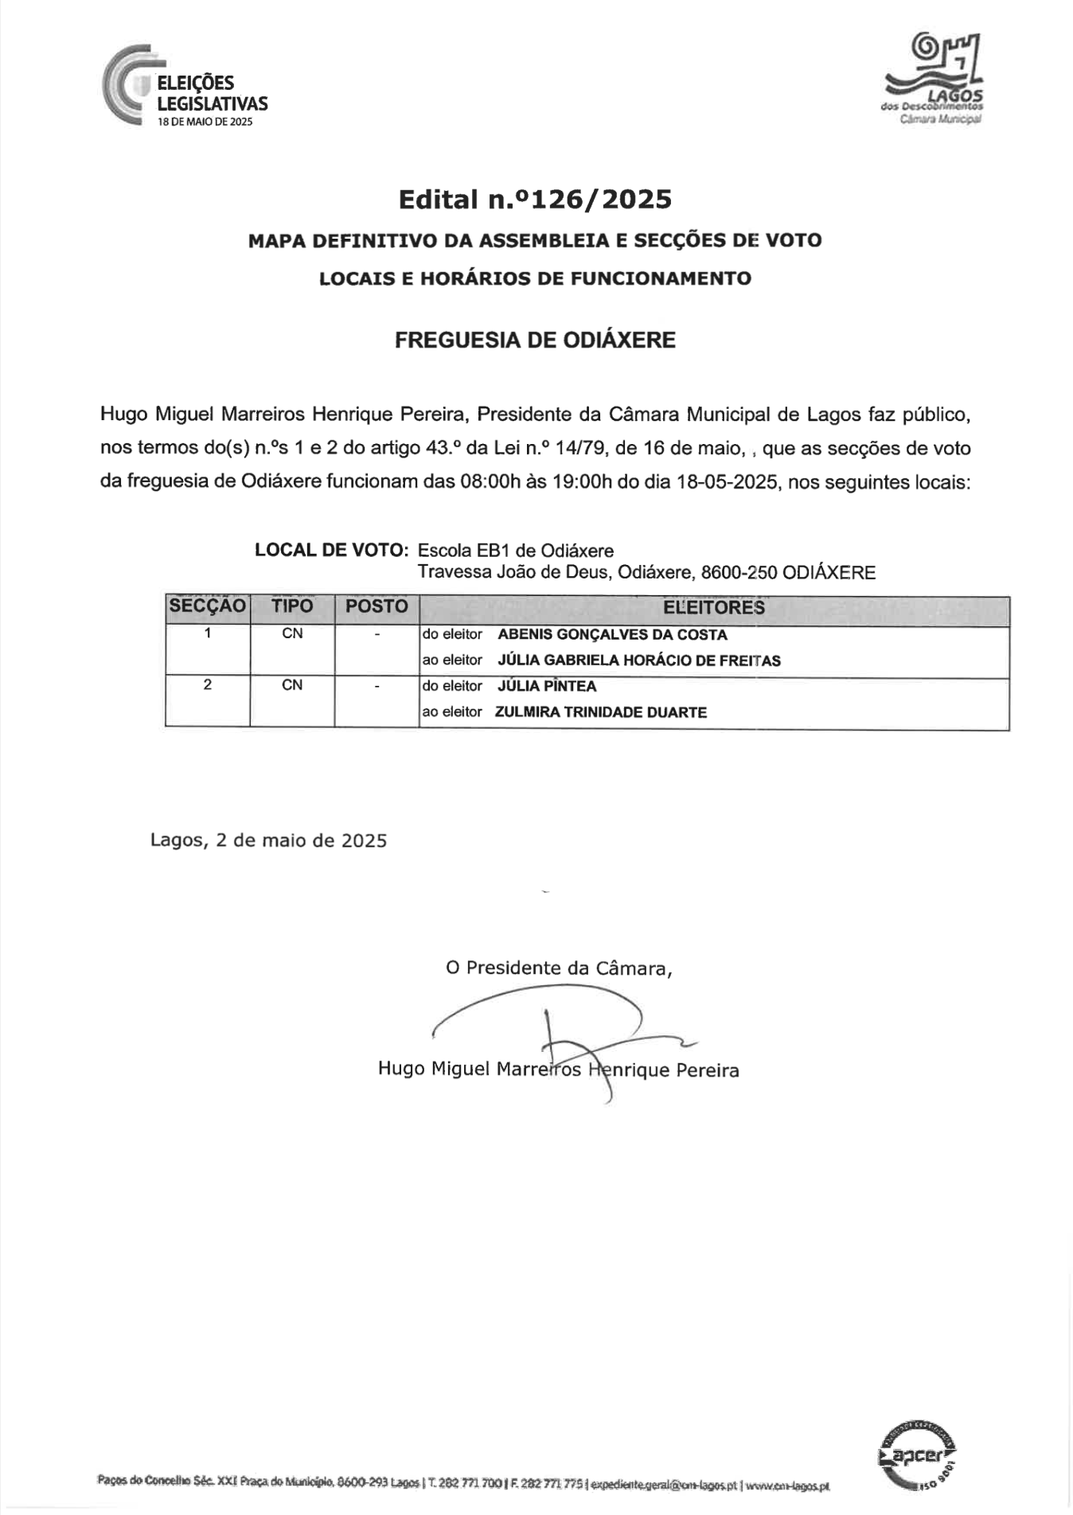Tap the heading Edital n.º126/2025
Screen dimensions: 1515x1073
(535, 199)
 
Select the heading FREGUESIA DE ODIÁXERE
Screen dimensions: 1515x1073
(535, 341)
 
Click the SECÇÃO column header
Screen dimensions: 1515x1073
(208, 606)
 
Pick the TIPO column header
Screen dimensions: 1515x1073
(292, 606)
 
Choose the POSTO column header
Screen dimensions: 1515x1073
(377, 606)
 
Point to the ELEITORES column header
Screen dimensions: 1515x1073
(714, 608)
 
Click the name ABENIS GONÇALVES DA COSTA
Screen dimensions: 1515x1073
(612, 635)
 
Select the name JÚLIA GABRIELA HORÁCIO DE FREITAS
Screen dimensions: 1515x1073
(638, 660)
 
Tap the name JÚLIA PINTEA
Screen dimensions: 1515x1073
(547, 686)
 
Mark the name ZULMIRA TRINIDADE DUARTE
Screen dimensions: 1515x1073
(601, 712)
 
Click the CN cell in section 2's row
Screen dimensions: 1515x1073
(292, 685)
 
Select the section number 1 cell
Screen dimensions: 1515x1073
(208, 633)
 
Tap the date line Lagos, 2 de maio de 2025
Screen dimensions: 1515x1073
(268, 840)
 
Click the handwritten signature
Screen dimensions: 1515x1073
(557, 1034)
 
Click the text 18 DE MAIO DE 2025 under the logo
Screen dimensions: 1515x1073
(205, 122)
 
